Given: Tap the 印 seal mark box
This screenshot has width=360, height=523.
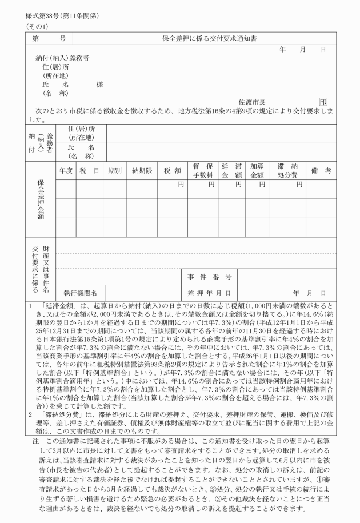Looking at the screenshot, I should (324, 101).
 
